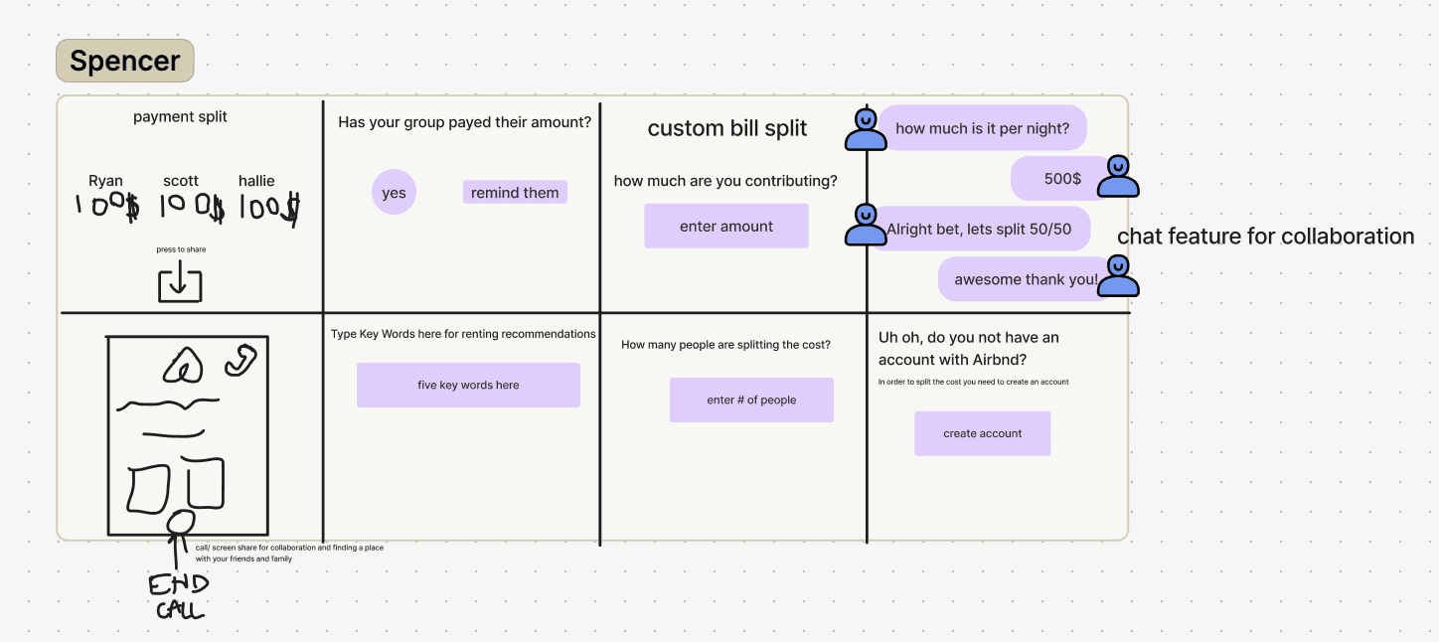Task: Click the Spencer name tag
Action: coord(124,61)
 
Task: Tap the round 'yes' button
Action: coord(394,192)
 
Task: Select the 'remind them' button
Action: coord(515,192)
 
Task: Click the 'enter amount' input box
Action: coord(725,227)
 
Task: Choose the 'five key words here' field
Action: coord(468,385)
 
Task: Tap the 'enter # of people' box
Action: coord(751,400)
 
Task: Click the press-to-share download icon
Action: coord(180,283)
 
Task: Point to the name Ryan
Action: coord(105,181)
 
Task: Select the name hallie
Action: coord(256,181)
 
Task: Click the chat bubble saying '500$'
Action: coord(1061,179)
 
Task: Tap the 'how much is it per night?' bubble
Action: coord(982,128)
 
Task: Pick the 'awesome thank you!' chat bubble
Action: coord(1025,279)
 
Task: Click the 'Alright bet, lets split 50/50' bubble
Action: coord(979,229)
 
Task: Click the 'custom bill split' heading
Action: coord(726,128)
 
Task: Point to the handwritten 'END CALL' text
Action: coord(179,596)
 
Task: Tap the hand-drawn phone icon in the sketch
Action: coord(240,361)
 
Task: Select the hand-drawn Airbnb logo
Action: coord(183,367)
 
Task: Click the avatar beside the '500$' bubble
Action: coord(1118,176)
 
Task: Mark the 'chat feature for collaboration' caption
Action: coord(1265,237)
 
